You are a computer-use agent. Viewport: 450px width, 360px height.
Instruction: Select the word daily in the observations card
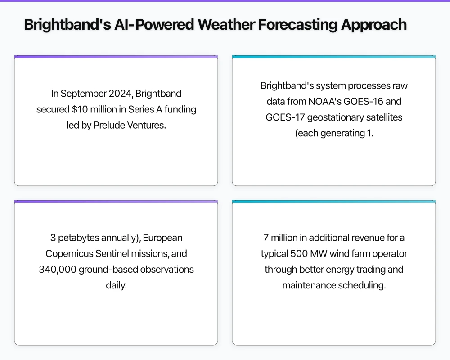pos(116,285)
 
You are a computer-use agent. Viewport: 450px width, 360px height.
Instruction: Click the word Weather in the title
pos(223,24)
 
